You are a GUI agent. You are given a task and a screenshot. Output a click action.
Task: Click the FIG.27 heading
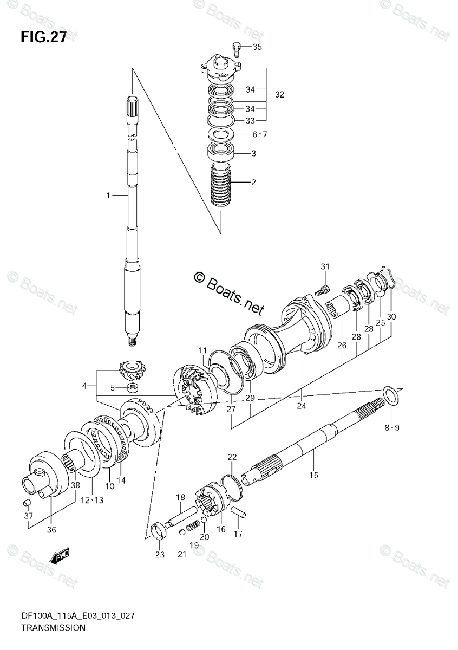(x=43, y=37)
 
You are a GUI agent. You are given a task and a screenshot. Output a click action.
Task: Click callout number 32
(x=279, y=94)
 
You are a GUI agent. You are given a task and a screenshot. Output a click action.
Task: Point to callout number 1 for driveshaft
(x=108, y=194)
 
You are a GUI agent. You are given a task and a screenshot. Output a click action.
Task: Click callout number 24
(x=301, y=404)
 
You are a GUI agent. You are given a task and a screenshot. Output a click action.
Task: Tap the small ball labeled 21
(x=183, y=533)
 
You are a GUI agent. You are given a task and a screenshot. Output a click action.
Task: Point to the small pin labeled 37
(x=25, y=504)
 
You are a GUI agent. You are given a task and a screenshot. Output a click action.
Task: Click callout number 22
(x=232, y=458)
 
